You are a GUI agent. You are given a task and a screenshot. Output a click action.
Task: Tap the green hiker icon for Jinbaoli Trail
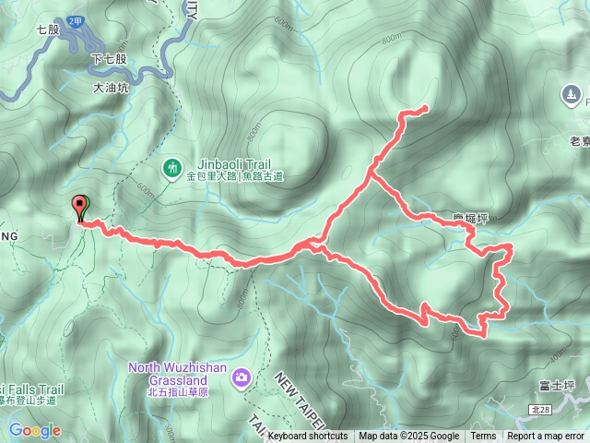(171, 167)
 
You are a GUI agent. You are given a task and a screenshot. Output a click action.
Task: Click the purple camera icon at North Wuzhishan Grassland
(242, 377)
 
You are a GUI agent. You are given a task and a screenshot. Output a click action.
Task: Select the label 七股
(49, 30)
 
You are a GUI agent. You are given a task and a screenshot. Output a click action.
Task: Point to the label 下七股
(110, 59)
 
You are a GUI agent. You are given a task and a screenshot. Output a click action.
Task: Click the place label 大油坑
(112, 90)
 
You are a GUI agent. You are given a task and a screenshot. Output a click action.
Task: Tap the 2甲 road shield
(77, 19)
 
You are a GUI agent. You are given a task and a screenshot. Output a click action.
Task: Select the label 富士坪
(559, 383)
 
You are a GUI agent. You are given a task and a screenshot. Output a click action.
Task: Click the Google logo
(35, 430)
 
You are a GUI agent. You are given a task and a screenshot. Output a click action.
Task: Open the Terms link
(483, 437)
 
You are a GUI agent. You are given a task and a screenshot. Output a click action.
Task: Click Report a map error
(546, 437)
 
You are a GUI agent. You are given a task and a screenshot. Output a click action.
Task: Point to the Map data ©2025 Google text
(408, 437)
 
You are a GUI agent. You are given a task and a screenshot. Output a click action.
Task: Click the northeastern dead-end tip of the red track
(426, 109)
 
